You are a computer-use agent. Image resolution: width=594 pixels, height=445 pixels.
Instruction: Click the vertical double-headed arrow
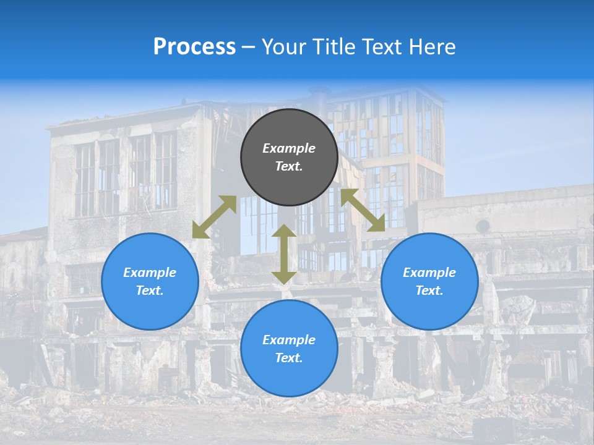(284, 254)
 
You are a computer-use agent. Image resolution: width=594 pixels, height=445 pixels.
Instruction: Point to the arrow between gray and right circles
(363, 210)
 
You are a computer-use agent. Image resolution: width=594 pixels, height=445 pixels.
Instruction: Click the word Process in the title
(194, 46)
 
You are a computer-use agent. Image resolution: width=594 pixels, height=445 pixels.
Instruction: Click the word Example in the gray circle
(289, 148)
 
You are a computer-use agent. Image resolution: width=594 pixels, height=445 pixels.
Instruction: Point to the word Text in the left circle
(150, 290)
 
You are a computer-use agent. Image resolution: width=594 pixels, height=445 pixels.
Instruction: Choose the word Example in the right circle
(429, 273)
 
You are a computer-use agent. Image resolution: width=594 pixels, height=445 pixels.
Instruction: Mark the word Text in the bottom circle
(289, 358)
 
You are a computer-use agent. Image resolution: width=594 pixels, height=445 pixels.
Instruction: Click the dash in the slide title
(249, 47)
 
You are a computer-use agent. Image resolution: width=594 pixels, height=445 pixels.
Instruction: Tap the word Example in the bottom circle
(289, 340)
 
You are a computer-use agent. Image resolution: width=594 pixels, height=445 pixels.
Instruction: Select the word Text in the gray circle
(289, 166)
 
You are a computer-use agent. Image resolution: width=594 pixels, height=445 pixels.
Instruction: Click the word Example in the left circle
(150, 273)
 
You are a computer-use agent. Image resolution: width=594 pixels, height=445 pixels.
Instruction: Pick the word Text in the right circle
(429, 290)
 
